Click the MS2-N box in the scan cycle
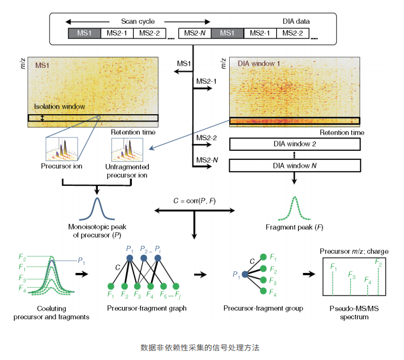coord(195,33)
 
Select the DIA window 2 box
coord(295,144)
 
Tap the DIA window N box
coord(295,166)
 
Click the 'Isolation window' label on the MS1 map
coord(60,106)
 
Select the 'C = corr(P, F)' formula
coord(194,201)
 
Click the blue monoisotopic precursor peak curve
coord(97,209)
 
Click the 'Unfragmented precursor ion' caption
coord(127,171)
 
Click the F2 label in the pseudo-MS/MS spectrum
coord(379,263)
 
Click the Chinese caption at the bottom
coord(200,347)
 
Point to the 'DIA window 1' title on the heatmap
coord(259,64)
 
